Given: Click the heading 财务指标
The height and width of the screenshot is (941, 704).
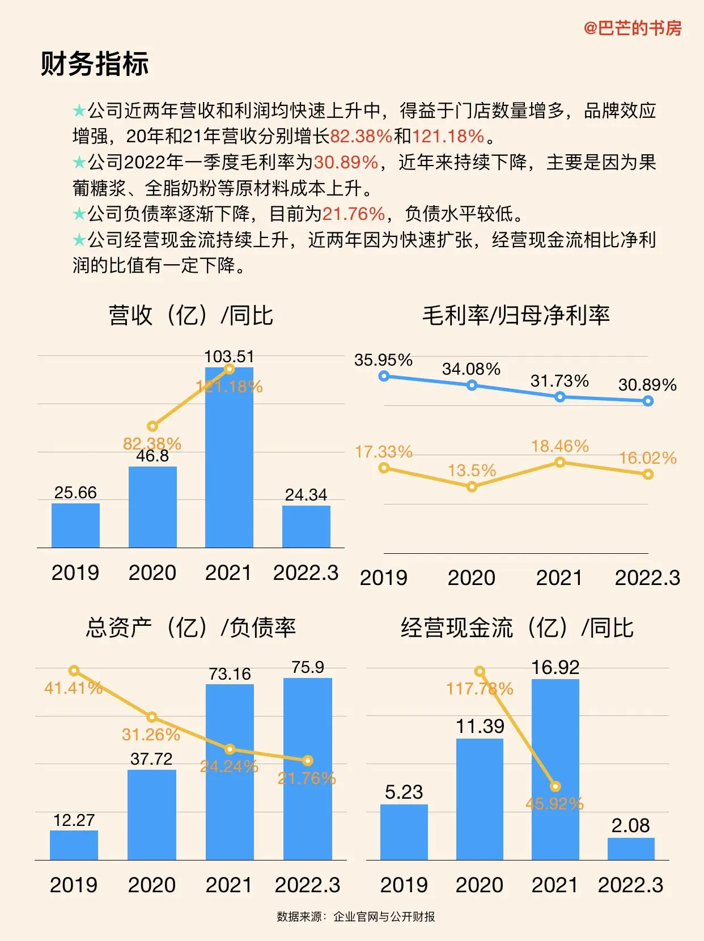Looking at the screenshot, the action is pyautogui.click(x=95, y=63).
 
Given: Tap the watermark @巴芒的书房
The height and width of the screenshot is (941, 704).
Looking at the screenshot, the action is pyautogui.click(x=633, y=28).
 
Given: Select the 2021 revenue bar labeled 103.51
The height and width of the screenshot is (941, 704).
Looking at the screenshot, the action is pyautogui.click(x=229, y=457).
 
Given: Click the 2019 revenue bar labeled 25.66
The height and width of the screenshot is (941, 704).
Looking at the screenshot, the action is pyautogui.click(x=75, y=525).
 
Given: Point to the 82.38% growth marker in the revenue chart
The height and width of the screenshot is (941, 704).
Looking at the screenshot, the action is pyautogui.click(x=152, y=426).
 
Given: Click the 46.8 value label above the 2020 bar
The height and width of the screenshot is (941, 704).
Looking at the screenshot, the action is pyautogui.click(x=152, y=456).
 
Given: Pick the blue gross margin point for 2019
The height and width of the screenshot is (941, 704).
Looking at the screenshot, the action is pyautogui.click(x=384, y=376).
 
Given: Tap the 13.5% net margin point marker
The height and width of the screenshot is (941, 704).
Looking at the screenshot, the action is pyautogui.click(x=472, y=486).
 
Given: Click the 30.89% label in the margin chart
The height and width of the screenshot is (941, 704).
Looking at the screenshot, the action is pyautogui.click(x=647, y=384).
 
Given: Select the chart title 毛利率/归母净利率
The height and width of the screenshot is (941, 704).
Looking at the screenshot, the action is pyautogui.click(x=516, y=315).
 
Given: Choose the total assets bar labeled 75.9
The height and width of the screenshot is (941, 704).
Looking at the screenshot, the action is pyautogui.click(x=308, y=769).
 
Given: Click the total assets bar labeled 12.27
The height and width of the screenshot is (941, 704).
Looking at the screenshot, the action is pyautogui.click(x=74, y=845).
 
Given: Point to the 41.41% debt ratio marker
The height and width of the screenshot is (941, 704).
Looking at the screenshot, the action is pyautogui.click(x=74, y=670).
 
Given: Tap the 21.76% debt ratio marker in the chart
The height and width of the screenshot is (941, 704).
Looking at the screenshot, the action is pyautogui.click(x=308, y=761).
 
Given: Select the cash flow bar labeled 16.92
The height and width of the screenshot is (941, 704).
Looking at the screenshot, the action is pyautogui.click(x=555, y=769).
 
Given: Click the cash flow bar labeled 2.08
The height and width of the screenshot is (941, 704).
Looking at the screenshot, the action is pyautogui.click(x=631, y=849).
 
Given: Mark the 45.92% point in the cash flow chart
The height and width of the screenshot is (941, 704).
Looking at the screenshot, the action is pyautogui.click(x=555, y=786).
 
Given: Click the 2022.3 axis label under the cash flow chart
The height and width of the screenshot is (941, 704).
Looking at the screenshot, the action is pyautogui.click(x=631, y=884).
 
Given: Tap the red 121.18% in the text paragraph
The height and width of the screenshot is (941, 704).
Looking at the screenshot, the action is pyautogui.click(x=448, y=136).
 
